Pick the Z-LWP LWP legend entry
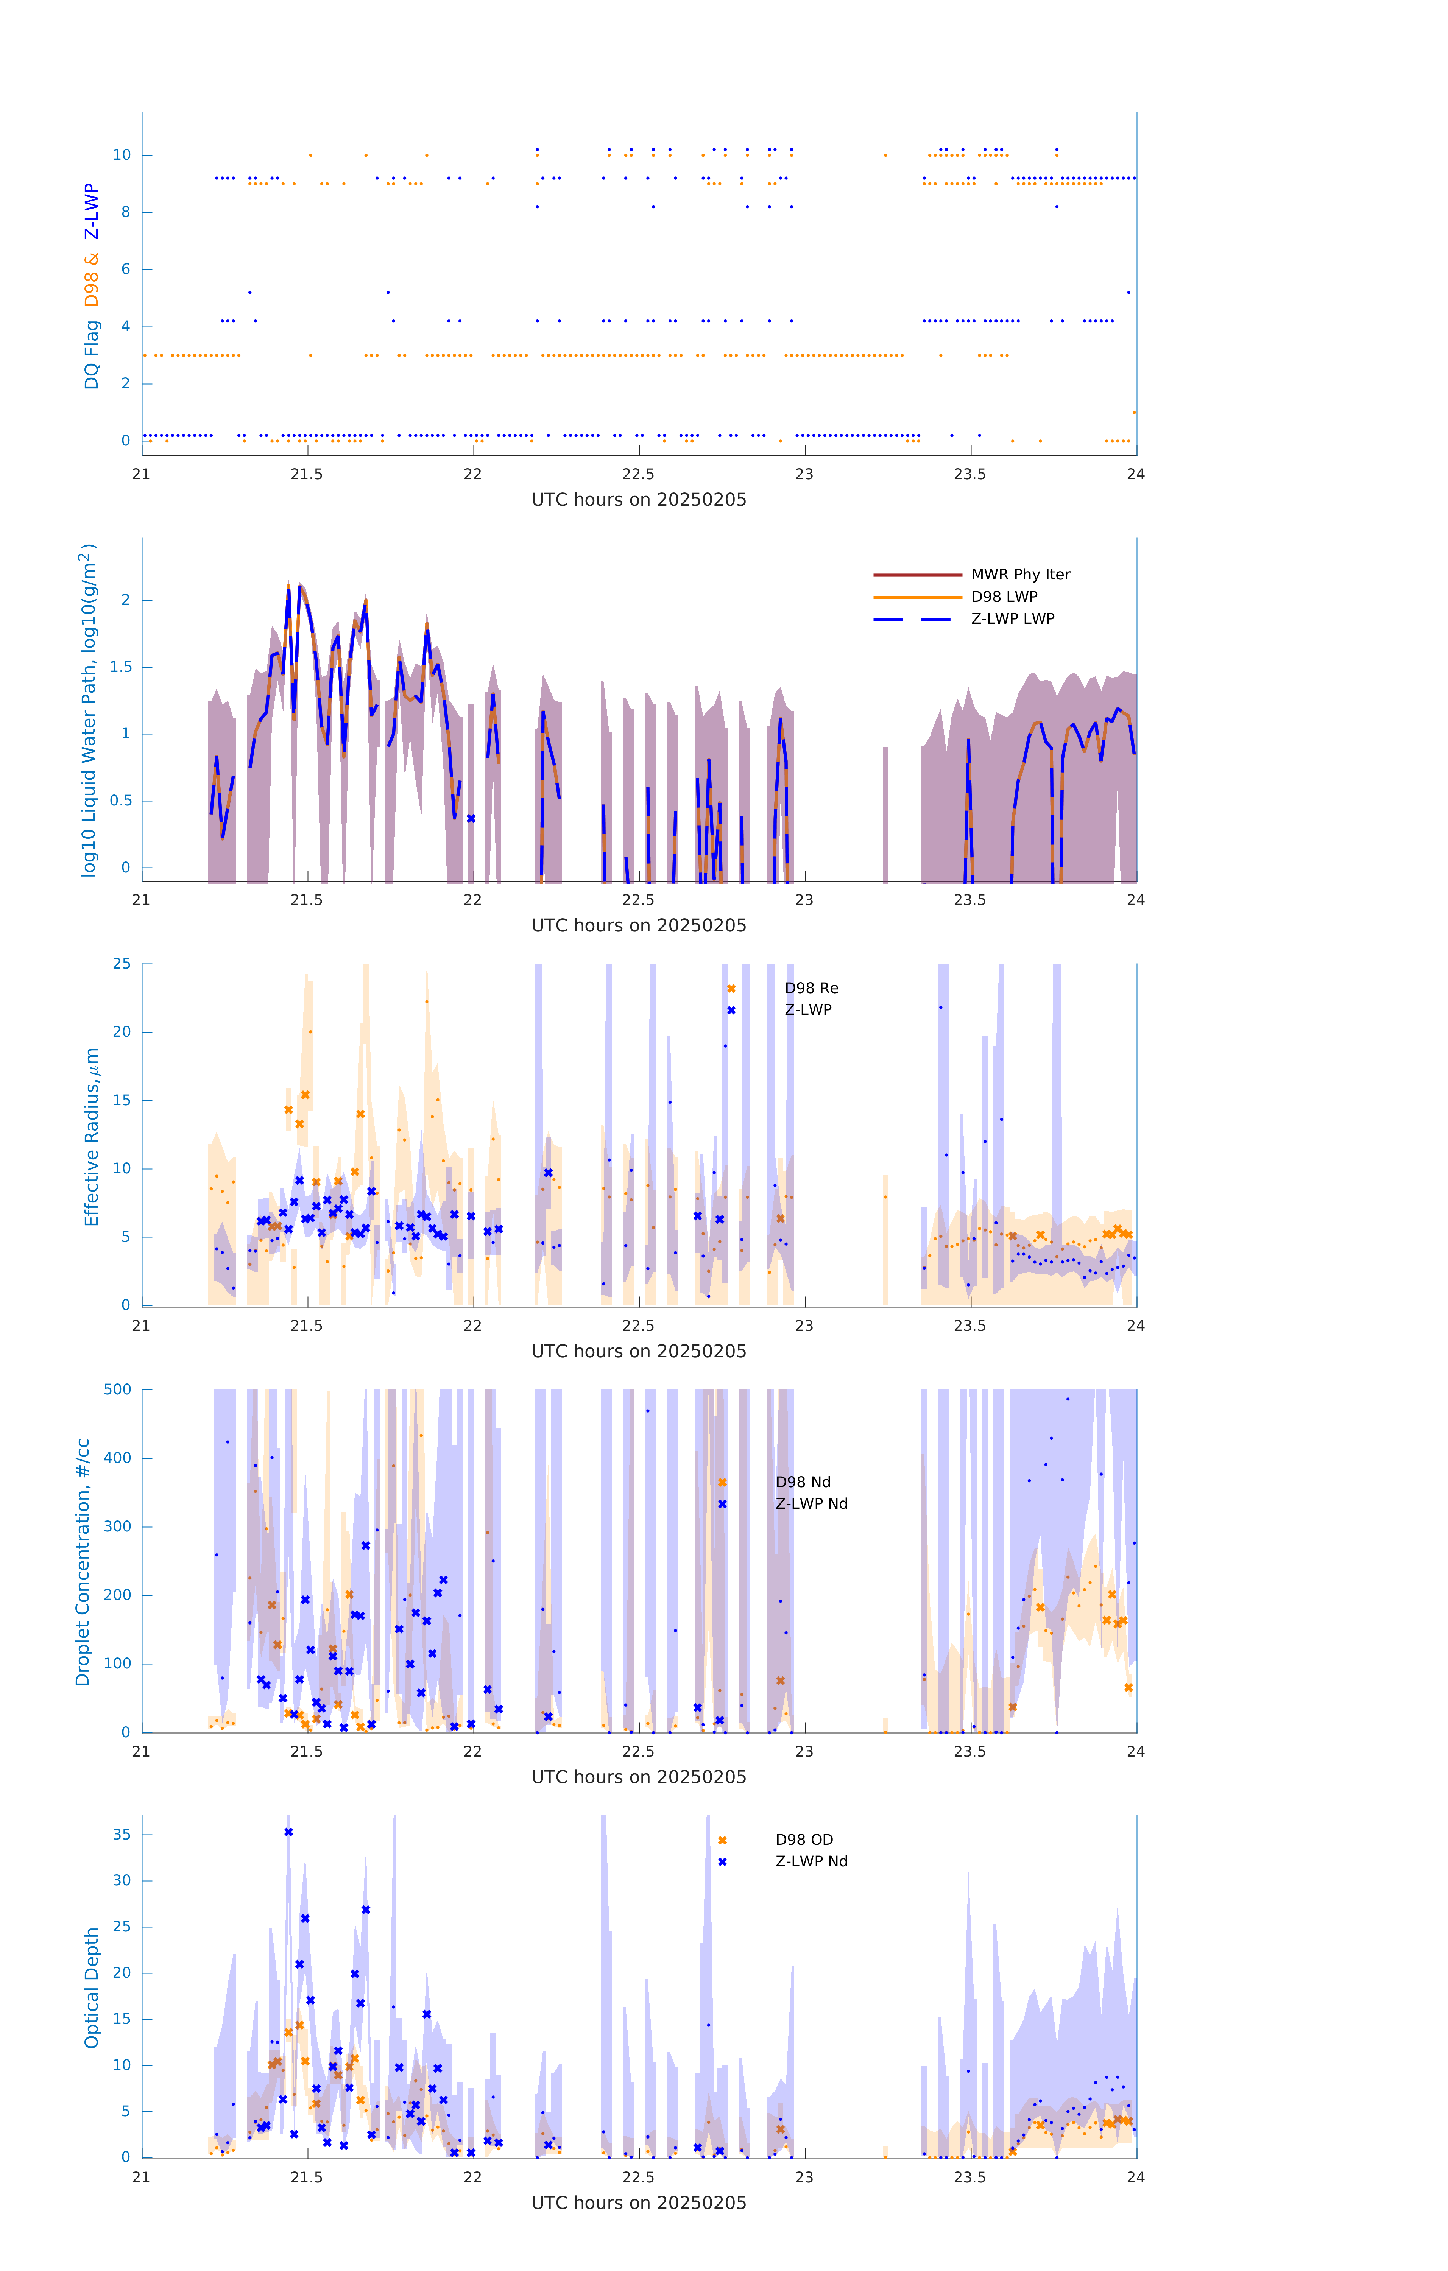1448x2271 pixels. (1012, 619)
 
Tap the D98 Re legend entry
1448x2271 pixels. (811, 988)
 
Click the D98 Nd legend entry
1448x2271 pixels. (803, 1483)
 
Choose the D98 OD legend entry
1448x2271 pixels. (804, 1840)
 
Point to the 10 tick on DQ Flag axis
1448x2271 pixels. (122, 155)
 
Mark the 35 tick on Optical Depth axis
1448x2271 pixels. (122, 1834)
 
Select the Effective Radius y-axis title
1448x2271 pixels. (92, 1136)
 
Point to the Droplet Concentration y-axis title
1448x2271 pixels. (83, 1562)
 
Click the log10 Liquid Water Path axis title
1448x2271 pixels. (89, 710)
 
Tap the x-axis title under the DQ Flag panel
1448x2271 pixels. (639, 500)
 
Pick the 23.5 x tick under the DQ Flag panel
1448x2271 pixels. (970, 474)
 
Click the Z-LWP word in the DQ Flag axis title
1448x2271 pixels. (92, 212)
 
